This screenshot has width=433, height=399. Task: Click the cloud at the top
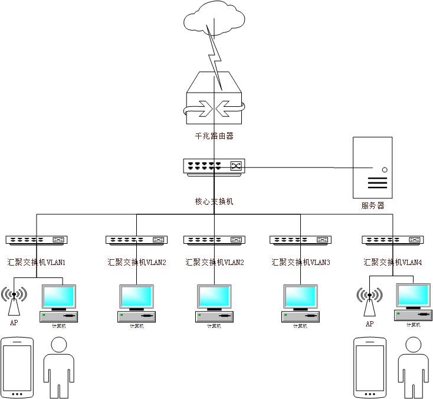tap(214, 18)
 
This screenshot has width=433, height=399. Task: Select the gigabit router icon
tap(214, 99)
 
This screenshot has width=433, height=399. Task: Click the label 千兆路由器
tap(214, 136)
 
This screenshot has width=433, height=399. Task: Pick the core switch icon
tap(214, 166)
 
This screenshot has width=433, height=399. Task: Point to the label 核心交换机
tap(214, 201)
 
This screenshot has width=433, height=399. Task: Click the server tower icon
tap(372, 168)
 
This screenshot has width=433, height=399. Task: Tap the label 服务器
tap(372, 205)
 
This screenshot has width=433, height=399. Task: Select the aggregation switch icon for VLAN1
tap(37, 240)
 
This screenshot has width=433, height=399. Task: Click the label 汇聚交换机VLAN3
tap(301, 262)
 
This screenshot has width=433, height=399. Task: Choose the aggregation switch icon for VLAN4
tap(393, 240)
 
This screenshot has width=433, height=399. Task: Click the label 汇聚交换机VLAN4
tap(393, 262)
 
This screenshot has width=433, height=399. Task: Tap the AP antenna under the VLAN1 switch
tap(14, 301)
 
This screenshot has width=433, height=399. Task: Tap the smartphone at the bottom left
tap(17, 367)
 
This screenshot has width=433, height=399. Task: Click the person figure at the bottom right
tap(413, 367)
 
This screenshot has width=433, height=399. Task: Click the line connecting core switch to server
tap(295, 167)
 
